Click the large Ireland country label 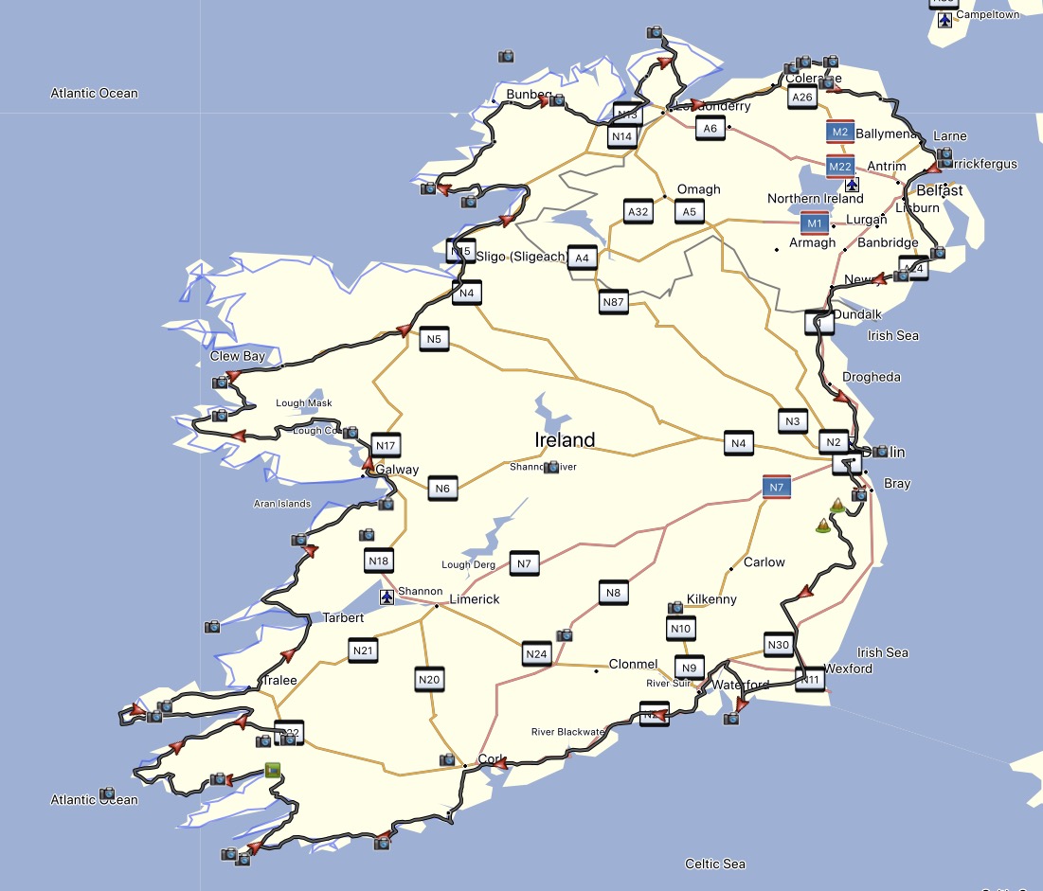click(565, 439)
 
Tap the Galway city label click(397, 470)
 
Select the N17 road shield click(386, 445)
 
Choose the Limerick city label click(474, 599)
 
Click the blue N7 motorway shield click(777, 488)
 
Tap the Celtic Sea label click(715, 864)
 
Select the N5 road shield click(434, 339)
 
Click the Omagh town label click(698, 189)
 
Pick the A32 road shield click(638, 212)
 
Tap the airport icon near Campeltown click(944, 20)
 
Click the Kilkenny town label click(711, 599)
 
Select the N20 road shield click(429, 679)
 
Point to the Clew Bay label click(238, 356)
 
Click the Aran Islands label click(281, 504)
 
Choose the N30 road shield click(778, 646)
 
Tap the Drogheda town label click(871, 377)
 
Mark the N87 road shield click(614, 303)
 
